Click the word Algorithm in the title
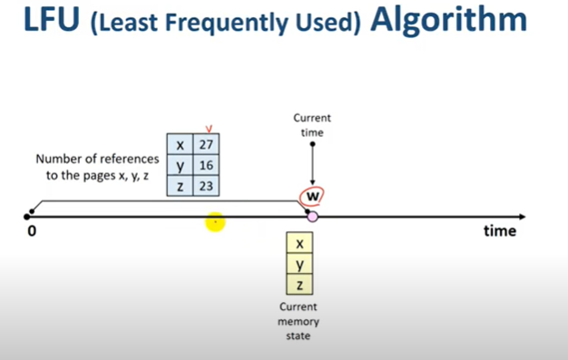(448, 20)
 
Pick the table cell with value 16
(207, 166)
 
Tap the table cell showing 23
(207, 185)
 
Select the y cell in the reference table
(181, 166)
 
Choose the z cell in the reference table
(181, 185)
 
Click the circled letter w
(313, 197)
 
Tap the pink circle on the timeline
(312, 217)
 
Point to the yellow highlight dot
(215, 221)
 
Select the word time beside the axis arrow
(498, 231)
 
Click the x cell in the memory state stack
(299, 244)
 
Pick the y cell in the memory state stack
(299, 265)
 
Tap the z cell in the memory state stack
(299, 285)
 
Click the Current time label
(312, 125)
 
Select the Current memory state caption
(299, 321)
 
